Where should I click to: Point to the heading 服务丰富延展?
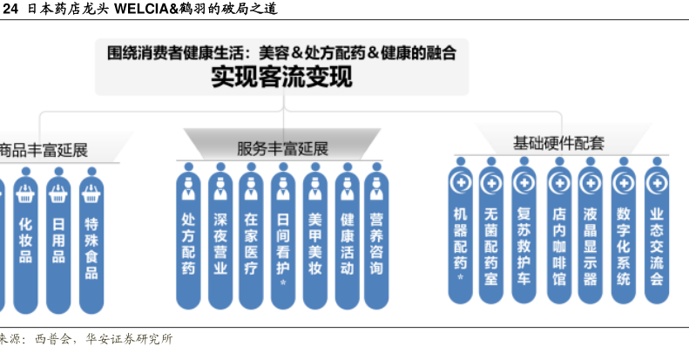(282, 149)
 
